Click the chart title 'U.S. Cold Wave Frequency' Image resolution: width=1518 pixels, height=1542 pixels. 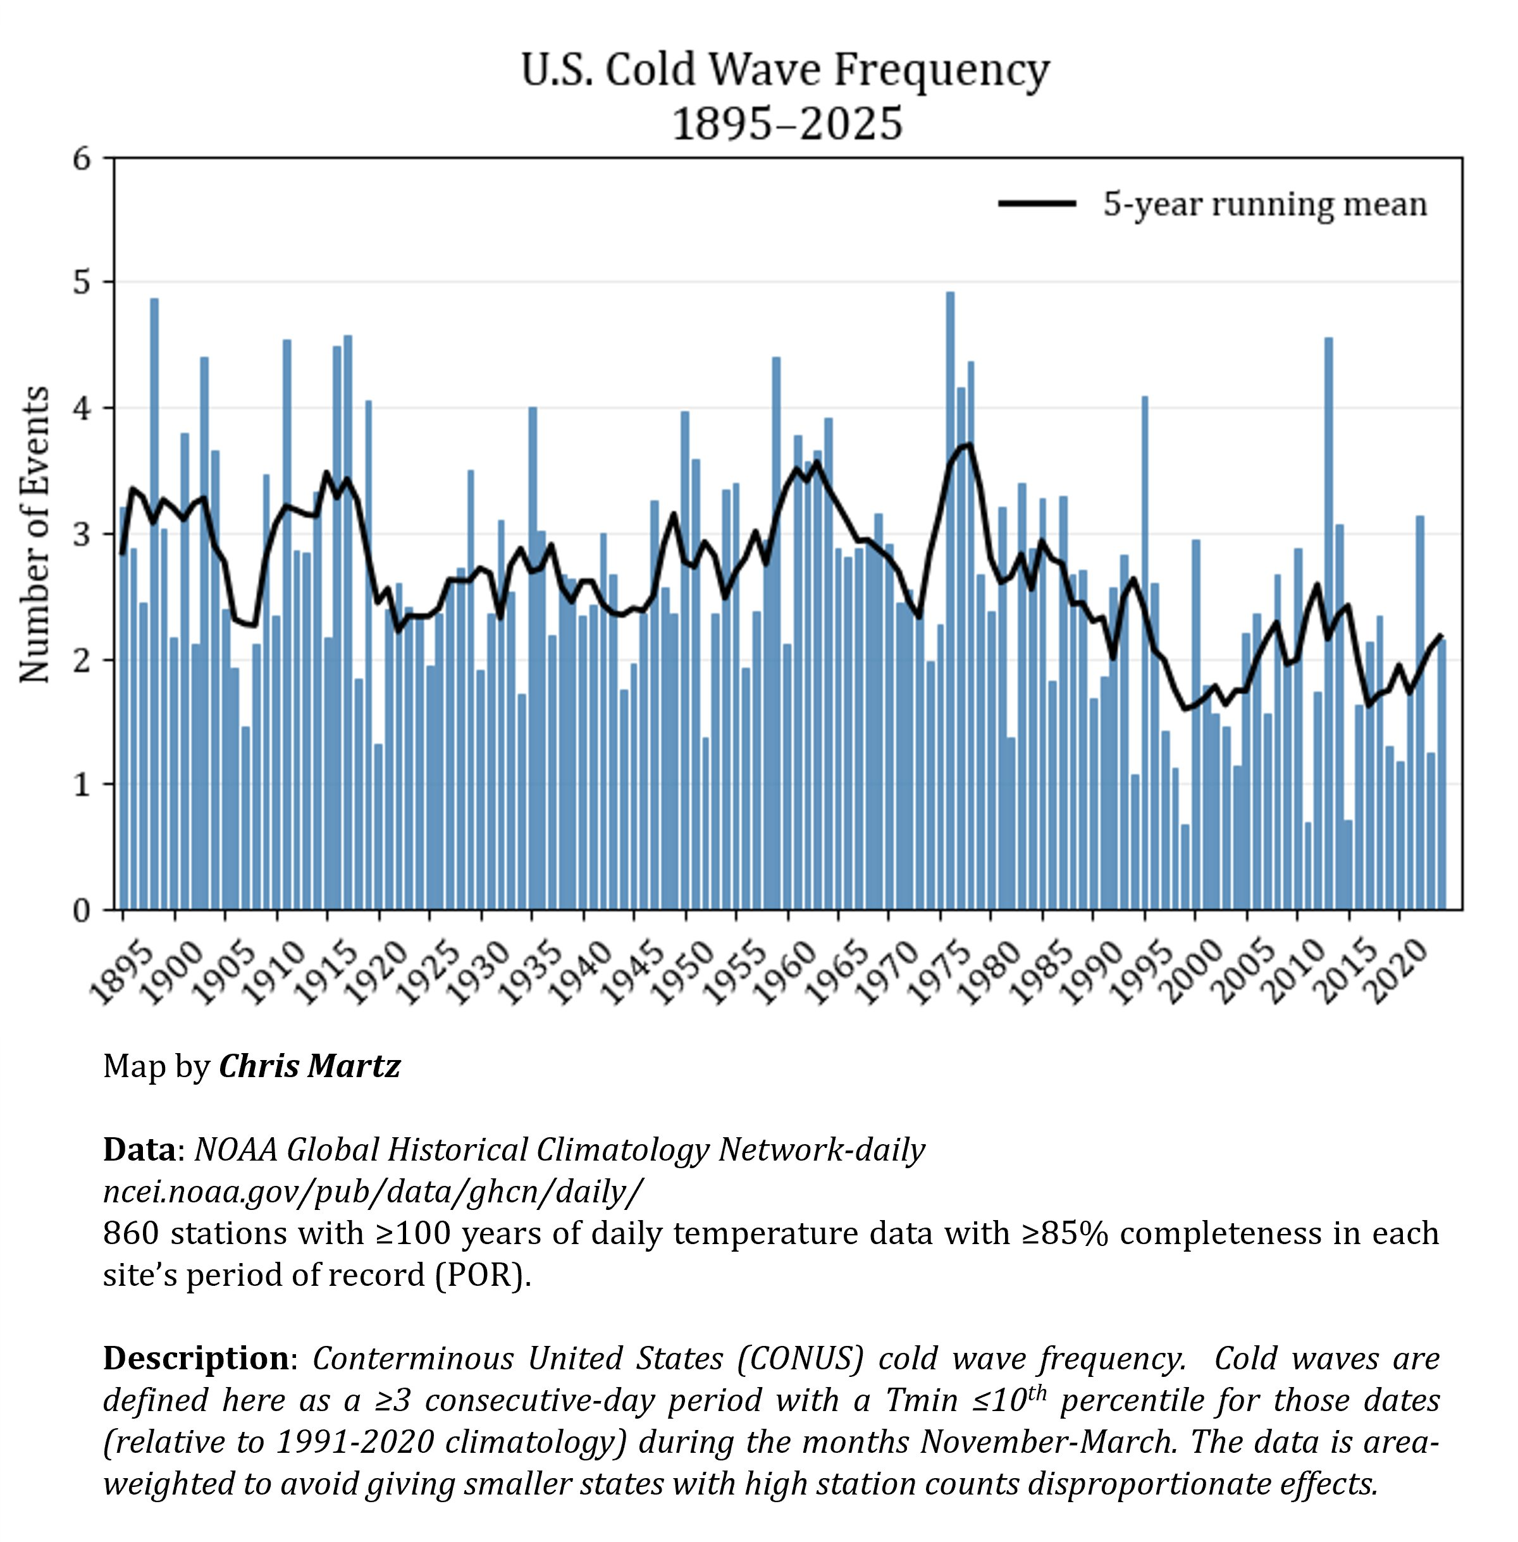[x=786, y=70]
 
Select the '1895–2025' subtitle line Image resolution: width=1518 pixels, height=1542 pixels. [x=787, y=125]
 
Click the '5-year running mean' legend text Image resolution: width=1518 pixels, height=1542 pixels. [x=1264, y=205]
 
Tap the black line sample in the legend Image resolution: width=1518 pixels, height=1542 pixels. [x=1037, y=204]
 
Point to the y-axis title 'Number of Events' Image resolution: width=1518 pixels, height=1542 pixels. [x=34, y=534]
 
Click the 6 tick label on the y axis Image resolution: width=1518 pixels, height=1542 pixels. [x=82, y=159]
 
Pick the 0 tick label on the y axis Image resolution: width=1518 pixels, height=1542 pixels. [x=82, y=910]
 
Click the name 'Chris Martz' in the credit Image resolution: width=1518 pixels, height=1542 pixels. [x=309, y=1066]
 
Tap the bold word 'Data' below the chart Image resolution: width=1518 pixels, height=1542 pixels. [x=139, y=1150]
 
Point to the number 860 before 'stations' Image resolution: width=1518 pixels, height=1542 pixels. [x=131, y=1233]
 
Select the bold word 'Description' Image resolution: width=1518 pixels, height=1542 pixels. [x=196, y=1358]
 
